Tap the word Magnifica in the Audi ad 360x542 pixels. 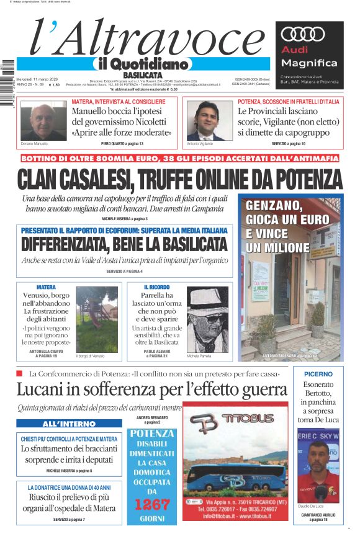pyautogui.click(x=309, y=63)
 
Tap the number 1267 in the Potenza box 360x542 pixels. pyautogui.click(x=151, y=503)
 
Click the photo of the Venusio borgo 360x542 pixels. pyautogui.click(x=97, y=319)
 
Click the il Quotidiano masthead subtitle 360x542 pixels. pyautogui.click(x=142, y=64)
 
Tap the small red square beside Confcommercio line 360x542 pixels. pyautogui.click(x=19, y=373)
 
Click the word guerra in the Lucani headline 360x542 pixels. pyautogui.click(x=258, y=390)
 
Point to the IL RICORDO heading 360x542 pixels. pyautogui.click(x=156, y=287)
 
